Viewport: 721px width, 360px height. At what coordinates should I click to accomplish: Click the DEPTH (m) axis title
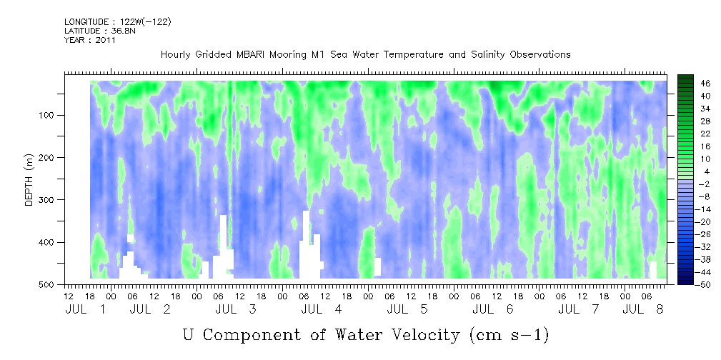click(29, 179)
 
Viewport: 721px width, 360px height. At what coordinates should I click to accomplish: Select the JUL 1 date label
click(86, 309)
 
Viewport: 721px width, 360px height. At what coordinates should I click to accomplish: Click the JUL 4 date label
click(322, 309)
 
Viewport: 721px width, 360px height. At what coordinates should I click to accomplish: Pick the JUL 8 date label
click(643, 309)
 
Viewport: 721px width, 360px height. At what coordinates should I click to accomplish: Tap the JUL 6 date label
click(493, 309)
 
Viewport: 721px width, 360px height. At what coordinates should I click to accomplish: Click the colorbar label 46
click(692, 84)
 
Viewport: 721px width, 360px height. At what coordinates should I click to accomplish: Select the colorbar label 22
click(692, 136)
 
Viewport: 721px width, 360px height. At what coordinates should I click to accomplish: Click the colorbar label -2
click(692, 184)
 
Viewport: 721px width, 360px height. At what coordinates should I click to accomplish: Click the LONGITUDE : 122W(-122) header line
click(118, 21)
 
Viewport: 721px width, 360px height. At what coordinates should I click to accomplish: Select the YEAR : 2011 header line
click(90, 40)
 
